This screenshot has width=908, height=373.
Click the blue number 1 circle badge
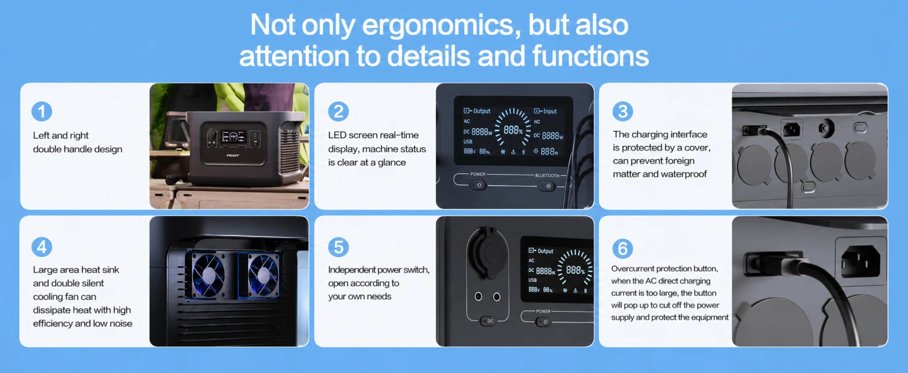(x=42, y=111)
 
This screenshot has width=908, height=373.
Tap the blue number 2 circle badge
(x=339, y=111)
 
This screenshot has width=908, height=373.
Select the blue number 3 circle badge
(x=623, y=111)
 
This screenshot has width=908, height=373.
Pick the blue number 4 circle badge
(x=42, y=247)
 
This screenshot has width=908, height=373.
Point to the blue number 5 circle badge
(x=339, y=247)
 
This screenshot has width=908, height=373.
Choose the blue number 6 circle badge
(x=623, y=248)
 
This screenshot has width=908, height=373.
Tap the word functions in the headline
(x=590, y=55)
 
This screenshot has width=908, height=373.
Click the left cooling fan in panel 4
(x=208, y=275)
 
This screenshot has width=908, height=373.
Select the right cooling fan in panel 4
(x=262, y=275)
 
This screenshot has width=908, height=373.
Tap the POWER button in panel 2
(x=478, y=186)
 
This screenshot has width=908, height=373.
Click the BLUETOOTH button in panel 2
(x=547, y=186)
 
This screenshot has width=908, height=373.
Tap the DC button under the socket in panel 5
(x=488, y=321)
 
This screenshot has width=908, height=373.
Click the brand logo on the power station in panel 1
(x=233, y=155)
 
